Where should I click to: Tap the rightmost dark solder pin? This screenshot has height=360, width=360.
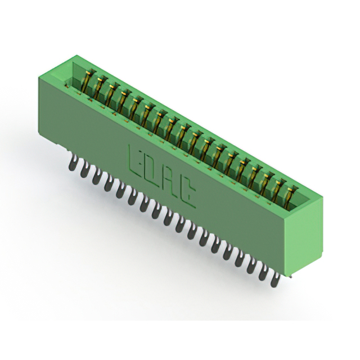coord(275,280)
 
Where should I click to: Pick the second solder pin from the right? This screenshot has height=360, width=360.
coord(263,273)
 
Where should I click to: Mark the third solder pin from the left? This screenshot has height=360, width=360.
coord(97,177)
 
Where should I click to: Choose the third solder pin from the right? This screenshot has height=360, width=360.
coord(251,266)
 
